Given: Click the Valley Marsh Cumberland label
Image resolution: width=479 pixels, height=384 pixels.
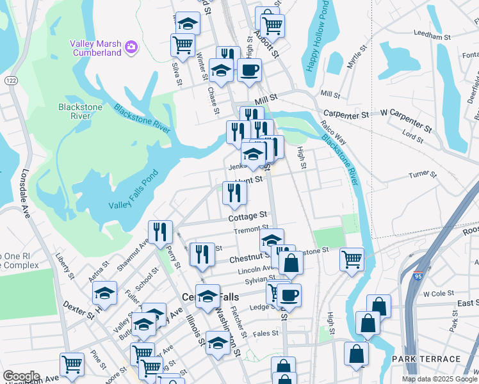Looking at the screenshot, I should [x=95, y=48].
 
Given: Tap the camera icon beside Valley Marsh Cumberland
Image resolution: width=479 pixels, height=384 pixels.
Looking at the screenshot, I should [x=132, y=46].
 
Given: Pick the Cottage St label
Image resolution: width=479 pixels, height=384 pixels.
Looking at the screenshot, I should [x=247, y=218].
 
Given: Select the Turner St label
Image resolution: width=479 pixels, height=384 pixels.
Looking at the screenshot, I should [x=423, y=174].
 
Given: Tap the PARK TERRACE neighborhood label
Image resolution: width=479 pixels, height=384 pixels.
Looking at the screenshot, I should [x=426, y=359].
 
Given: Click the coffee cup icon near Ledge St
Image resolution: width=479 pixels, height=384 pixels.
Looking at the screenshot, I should [x=289, y=294].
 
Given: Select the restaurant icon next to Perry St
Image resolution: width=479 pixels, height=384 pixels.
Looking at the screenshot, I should [x=159, y=231].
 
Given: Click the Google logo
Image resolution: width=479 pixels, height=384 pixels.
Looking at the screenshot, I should [x=21, y=376].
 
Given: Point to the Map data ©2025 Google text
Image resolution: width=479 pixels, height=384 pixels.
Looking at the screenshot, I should [x=439, y=379].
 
